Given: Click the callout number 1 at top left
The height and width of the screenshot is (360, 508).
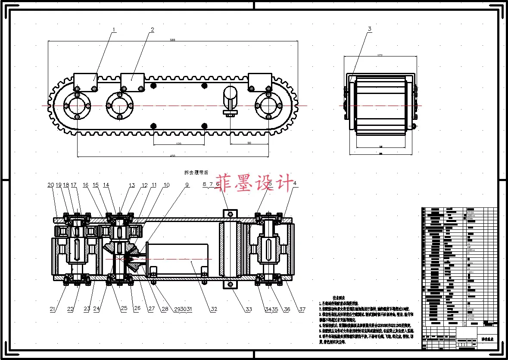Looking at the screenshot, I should (114, 30).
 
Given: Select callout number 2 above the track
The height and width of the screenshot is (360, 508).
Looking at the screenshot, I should (152, 30).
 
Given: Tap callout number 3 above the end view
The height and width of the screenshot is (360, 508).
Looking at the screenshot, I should (369, 29).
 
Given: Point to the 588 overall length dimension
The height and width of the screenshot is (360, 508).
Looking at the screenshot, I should (173, 40).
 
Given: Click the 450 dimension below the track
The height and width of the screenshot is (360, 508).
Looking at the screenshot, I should (173, 156).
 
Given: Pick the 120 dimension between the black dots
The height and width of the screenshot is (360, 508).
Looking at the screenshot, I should (178, 144).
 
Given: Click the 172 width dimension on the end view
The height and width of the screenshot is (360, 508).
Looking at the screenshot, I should (380, 55).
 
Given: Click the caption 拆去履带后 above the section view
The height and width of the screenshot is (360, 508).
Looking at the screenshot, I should (196, 172).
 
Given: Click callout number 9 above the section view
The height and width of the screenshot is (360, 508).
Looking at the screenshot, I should (187, 185).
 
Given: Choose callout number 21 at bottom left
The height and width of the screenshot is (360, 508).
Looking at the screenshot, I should (52, 309).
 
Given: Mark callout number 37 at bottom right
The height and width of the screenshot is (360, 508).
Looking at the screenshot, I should (302, 309).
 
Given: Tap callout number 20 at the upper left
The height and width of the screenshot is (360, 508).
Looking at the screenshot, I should (50, 185).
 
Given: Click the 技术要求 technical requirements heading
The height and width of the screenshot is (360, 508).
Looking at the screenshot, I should (338, 298).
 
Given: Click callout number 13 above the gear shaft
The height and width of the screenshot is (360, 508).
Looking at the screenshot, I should (132, 185).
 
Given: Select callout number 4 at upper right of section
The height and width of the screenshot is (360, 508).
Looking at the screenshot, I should (295, 184).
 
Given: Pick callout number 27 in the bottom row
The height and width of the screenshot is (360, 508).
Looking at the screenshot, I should (151, 309).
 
